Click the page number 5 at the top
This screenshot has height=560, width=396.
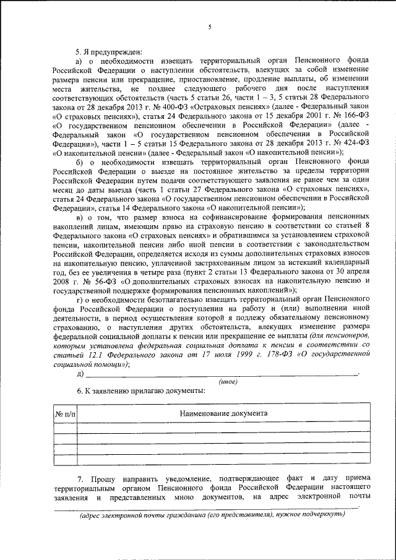tap(209, 27)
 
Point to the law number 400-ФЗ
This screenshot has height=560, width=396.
tap(186, 106)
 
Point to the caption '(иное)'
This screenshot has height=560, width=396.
tap(228, 382)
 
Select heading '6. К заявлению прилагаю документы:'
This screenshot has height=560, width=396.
tap(140, 392)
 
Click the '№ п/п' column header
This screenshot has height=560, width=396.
tap(65, 413)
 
